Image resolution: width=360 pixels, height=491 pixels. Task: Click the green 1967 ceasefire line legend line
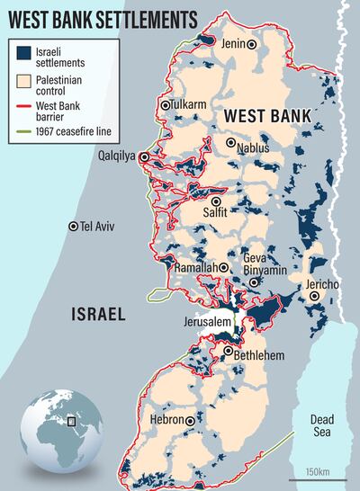pos(25,134)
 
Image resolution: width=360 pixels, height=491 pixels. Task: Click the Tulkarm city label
pos(193,105)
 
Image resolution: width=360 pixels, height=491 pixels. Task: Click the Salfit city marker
pos(216,200)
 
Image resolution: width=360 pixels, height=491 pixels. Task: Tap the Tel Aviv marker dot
pos(74,227)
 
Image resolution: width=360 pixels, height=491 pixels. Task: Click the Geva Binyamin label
pos(265,263)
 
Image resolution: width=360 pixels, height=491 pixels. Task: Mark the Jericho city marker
pos(314,295)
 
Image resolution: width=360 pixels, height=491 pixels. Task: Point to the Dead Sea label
pos(321,425)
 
